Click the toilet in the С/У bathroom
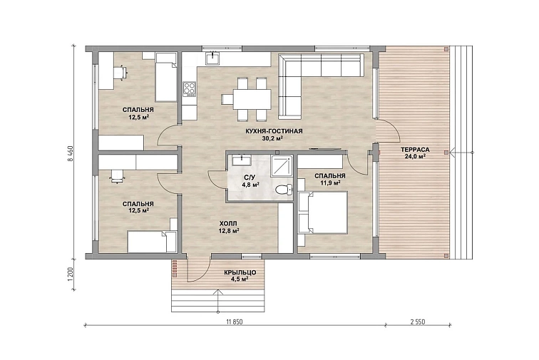(284, 189)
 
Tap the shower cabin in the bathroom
(282, 166)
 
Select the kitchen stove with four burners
(189, 88)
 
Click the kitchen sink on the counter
(213, 58)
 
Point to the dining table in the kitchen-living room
(252, 99)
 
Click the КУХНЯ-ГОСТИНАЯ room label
(274, 131)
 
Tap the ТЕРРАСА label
(415, 150)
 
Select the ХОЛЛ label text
(227, 224)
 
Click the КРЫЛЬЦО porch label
(240, 272)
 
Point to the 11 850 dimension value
(235, 322)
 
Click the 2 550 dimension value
(418, 322)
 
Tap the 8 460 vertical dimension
(71, 153)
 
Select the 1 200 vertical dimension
(71, 274)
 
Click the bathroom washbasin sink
(242, 160)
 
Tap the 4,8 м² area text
(250, 185)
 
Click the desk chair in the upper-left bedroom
(120, 73)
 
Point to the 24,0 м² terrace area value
(415, 156)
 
